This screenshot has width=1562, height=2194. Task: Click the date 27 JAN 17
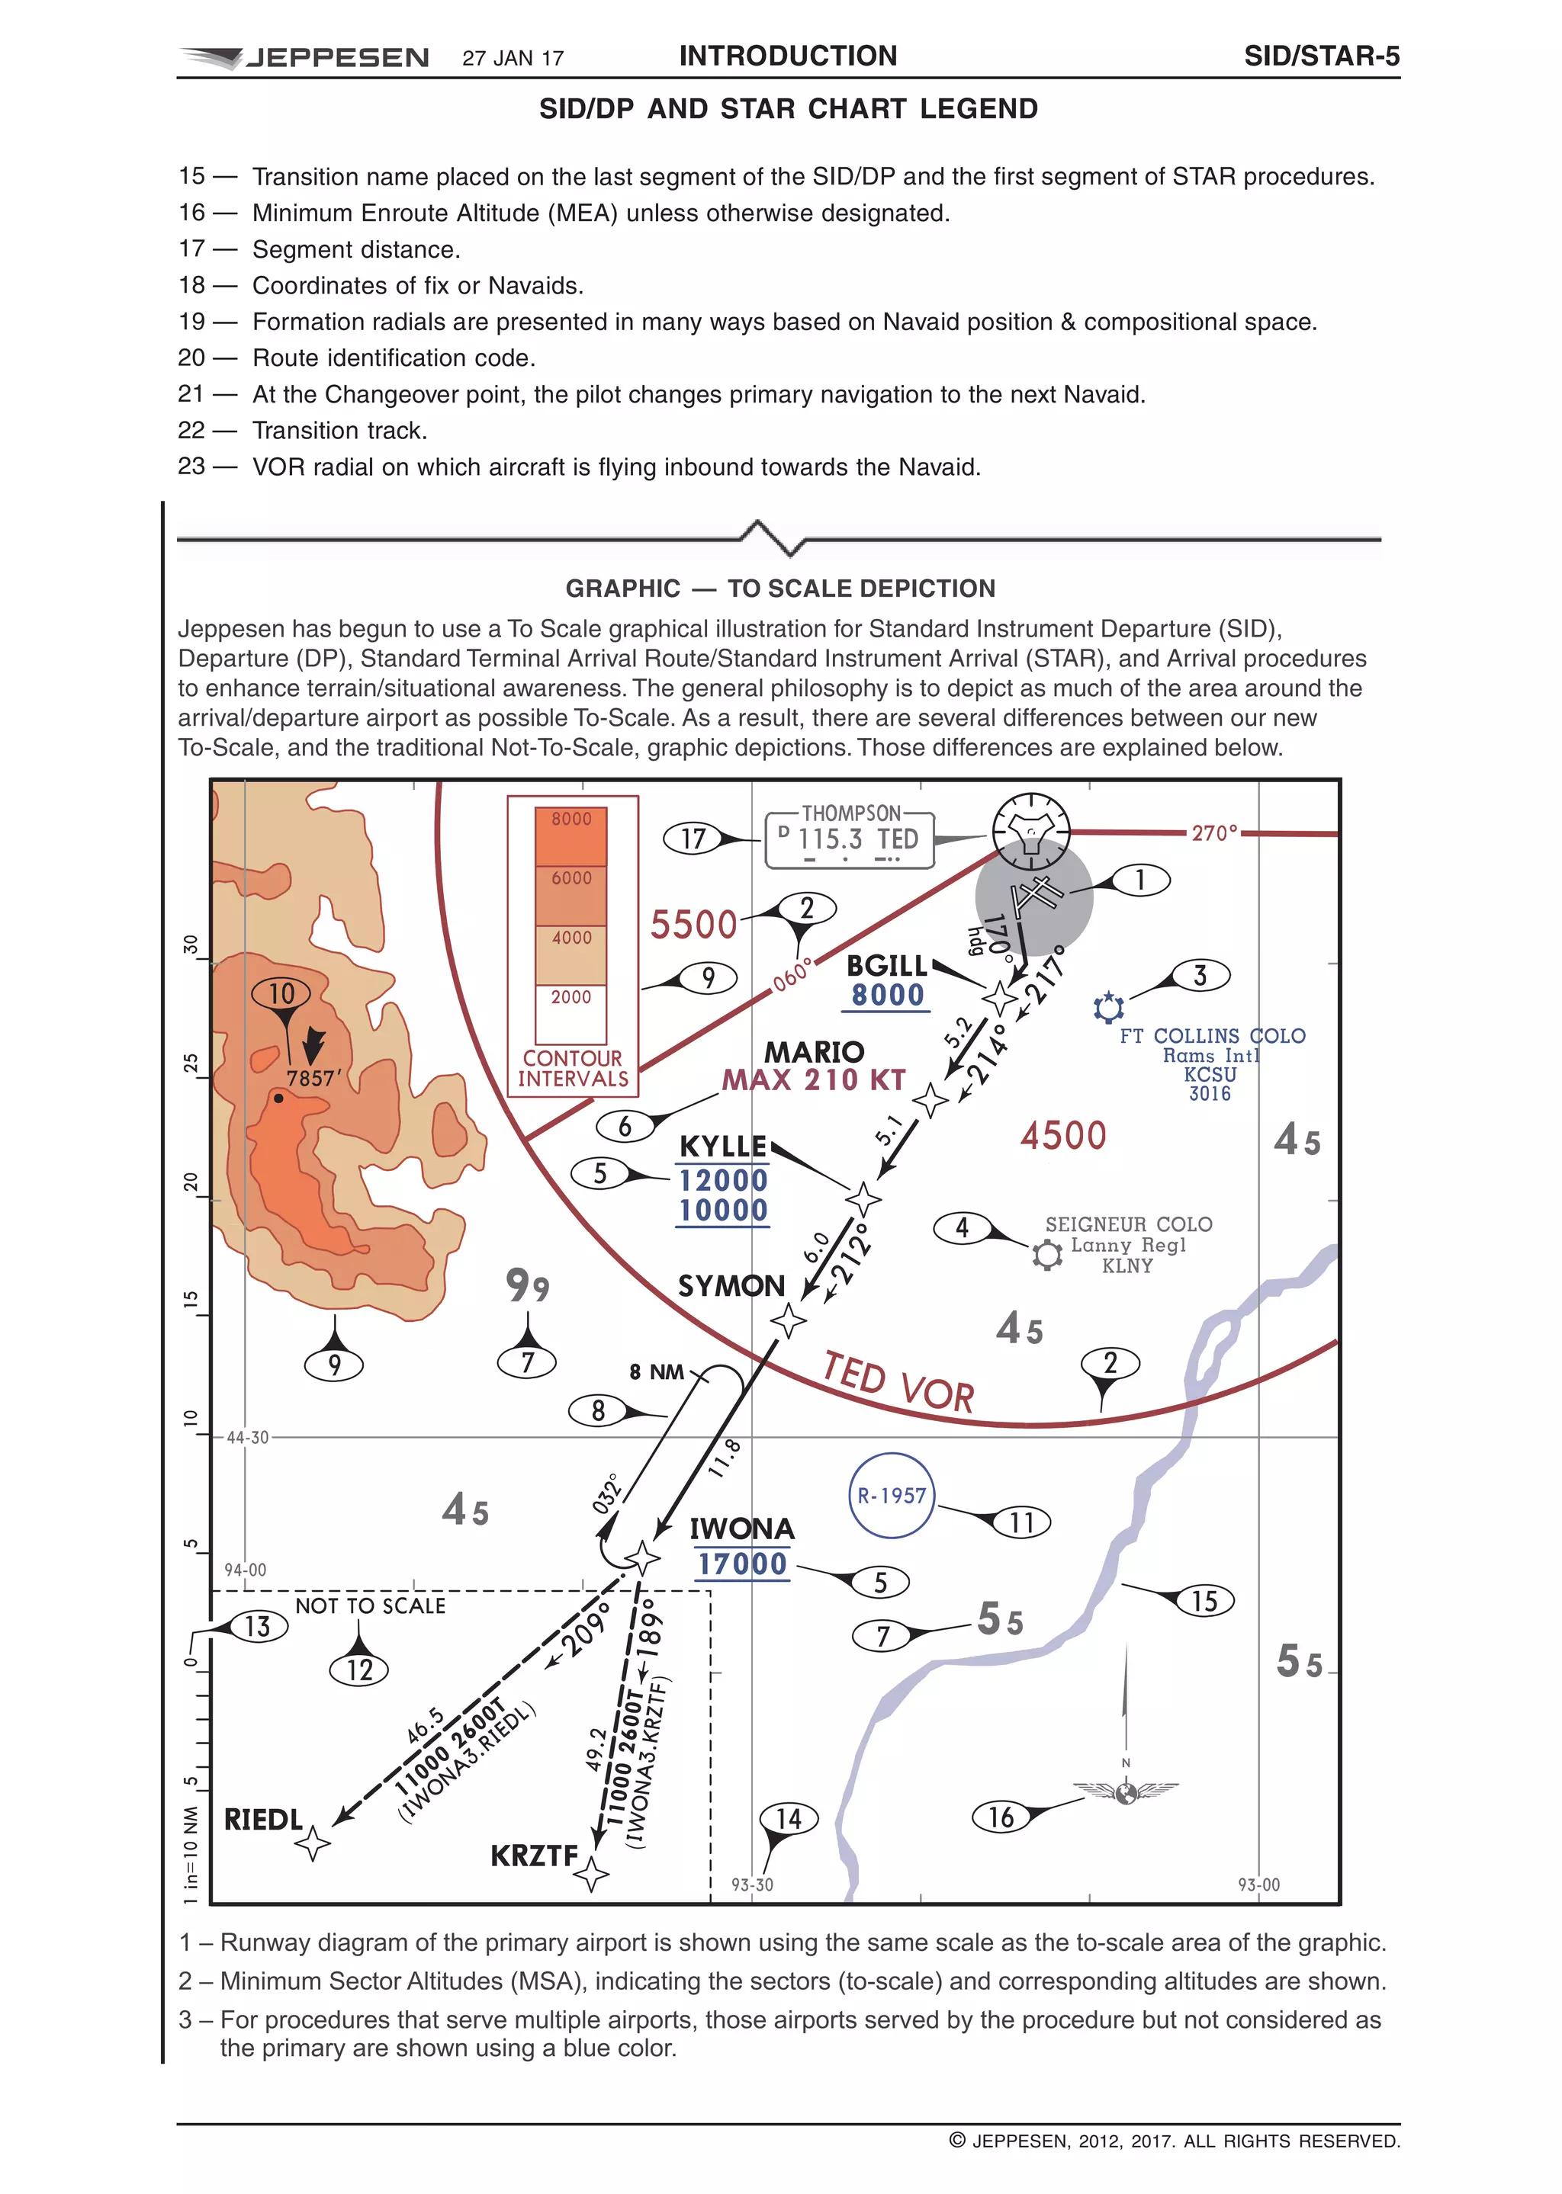[x=513, y=59]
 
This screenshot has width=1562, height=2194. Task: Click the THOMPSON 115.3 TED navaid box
[x=850, y=839]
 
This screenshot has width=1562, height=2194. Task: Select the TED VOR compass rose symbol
[x=1030, y=829]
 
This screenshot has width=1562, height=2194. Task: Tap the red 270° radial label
[x=1213, y=832]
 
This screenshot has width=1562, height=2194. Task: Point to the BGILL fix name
[x=885, y=965]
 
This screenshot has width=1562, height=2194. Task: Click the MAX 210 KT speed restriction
[x=814, y=1079]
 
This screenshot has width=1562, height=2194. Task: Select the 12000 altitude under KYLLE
[x=723, y=1179]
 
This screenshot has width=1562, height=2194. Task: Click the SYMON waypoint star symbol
[x=789, y=1320]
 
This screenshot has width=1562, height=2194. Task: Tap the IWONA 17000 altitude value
[x=741, y=1564]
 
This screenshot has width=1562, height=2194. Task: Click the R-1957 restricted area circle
[x=892, y=1495]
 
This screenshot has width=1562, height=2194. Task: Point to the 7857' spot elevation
[x=313, y=1078]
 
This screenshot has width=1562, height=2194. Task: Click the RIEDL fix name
[x=262, y=1819]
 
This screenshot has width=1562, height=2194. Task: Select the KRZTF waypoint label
[x=534, y=1855]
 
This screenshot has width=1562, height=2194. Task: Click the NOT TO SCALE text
[x=371, y=1605]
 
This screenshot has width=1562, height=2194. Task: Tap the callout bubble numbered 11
[x=1021, y=1522]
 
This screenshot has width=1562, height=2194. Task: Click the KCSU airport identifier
[x=1209, y=1074]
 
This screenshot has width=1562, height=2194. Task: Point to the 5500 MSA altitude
[x=693, y=925]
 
